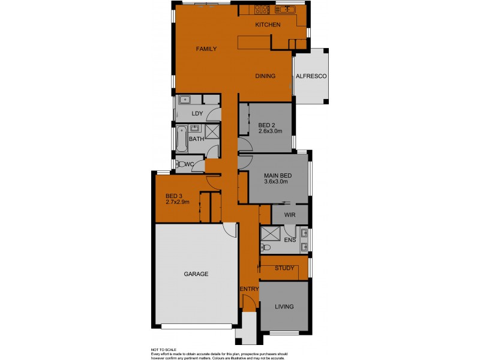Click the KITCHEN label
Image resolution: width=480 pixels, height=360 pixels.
268,25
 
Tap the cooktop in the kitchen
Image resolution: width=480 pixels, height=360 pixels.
262,9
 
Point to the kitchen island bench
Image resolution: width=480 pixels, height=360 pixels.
253,43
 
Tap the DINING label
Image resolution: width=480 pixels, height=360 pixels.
265,76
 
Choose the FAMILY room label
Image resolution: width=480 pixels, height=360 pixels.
206,49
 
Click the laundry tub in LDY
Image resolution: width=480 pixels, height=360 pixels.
184,100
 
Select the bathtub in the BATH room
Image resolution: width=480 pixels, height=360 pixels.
179,139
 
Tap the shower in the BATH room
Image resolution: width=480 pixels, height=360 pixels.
213,132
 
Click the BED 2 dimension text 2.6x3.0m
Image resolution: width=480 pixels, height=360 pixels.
271,131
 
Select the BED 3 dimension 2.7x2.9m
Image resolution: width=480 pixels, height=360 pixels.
178,202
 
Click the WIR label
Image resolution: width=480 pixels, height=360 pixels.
290,214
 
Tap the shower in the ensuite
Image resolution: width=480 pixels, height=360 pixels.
271,233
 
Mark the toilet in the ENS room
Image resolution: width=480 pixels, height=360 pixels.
266,247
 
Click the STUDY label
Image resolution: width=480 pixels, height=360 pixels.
284,268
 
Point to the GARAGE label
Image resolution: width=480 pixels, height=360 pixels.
196,274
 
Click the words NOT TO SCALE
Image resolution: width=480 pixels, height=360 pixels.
164,349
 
